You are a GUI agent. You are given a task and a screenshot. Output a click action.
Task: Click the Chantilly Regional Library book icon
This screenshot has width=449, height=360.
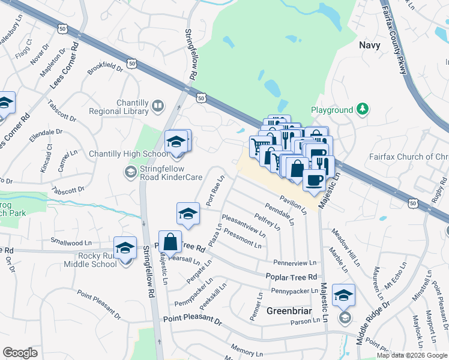158,106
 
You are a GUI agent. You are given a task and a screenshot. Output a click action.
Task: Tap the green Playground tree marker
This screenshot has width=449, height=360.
362,109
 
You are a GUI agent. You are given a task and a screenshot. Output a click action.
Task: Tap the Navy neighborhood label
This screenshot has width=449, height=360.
370,44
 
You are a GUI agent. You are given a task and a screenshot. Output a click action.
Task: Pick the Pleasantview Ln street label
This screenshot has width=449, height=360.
243,224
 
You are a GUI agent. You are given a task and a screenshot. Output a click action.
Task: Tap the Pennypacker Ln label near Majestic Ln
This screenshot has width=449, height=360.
294,291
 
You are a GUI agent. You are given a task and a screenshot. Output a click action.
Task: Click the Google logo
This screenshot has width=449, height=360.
20,353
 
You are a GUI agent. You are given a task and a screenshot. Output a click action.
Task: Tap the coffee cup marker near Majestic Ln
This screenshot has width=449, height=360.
313,179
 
